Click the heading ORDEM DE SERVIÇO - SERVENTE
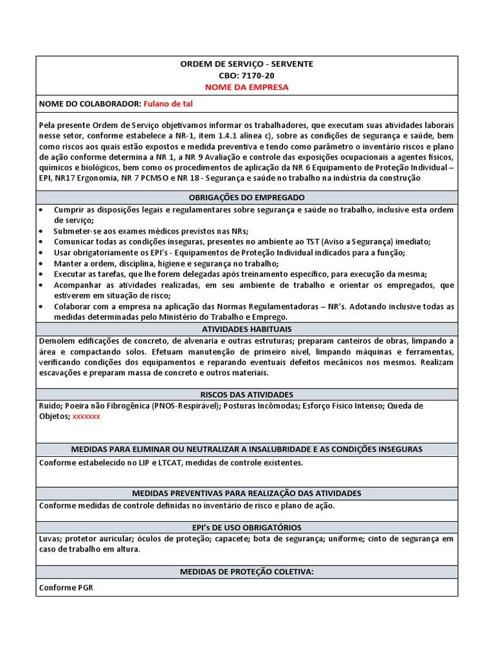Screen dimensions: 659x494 click(x=247, y=64)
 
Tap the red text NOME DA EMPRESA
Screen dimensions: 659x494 click(x=247, y=87)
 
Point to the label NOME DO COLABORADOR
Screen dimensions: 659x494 click(x=89, y=104)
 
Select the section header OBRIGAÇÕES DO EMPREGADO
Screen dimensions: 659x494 click(x=247, y=197)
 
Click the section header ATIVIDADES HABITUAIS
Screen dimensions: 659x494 click(x=247, y=329)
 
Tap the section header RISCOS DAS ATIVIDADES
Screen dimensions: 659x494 click(x=247, y=394)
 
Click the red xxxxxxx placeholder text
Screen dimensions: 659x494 click(x=86, y=416)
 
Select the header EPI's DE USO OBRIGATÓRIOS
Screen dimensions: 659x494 click(x=247, y=527)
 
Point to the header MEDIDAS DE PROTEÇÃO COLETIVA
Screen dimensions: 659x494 click(x=247, y=571)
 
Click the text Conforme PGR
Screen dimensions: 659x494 click(x=66, y=588)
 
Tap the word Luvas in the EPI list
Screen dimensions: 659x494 click(x=50, y=539)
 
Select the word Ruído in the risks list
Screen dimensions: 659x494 click(x=51, y=405)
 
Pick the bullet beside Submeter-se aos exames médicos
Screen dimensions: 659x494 click(x=42, y=231)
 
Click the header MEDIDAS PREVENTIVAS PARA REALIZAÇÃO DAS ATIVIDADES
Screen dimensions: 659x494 click(x=247, y=493)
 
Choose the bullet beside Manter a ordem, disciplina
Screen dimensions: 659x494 click(x=42, y=263)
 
